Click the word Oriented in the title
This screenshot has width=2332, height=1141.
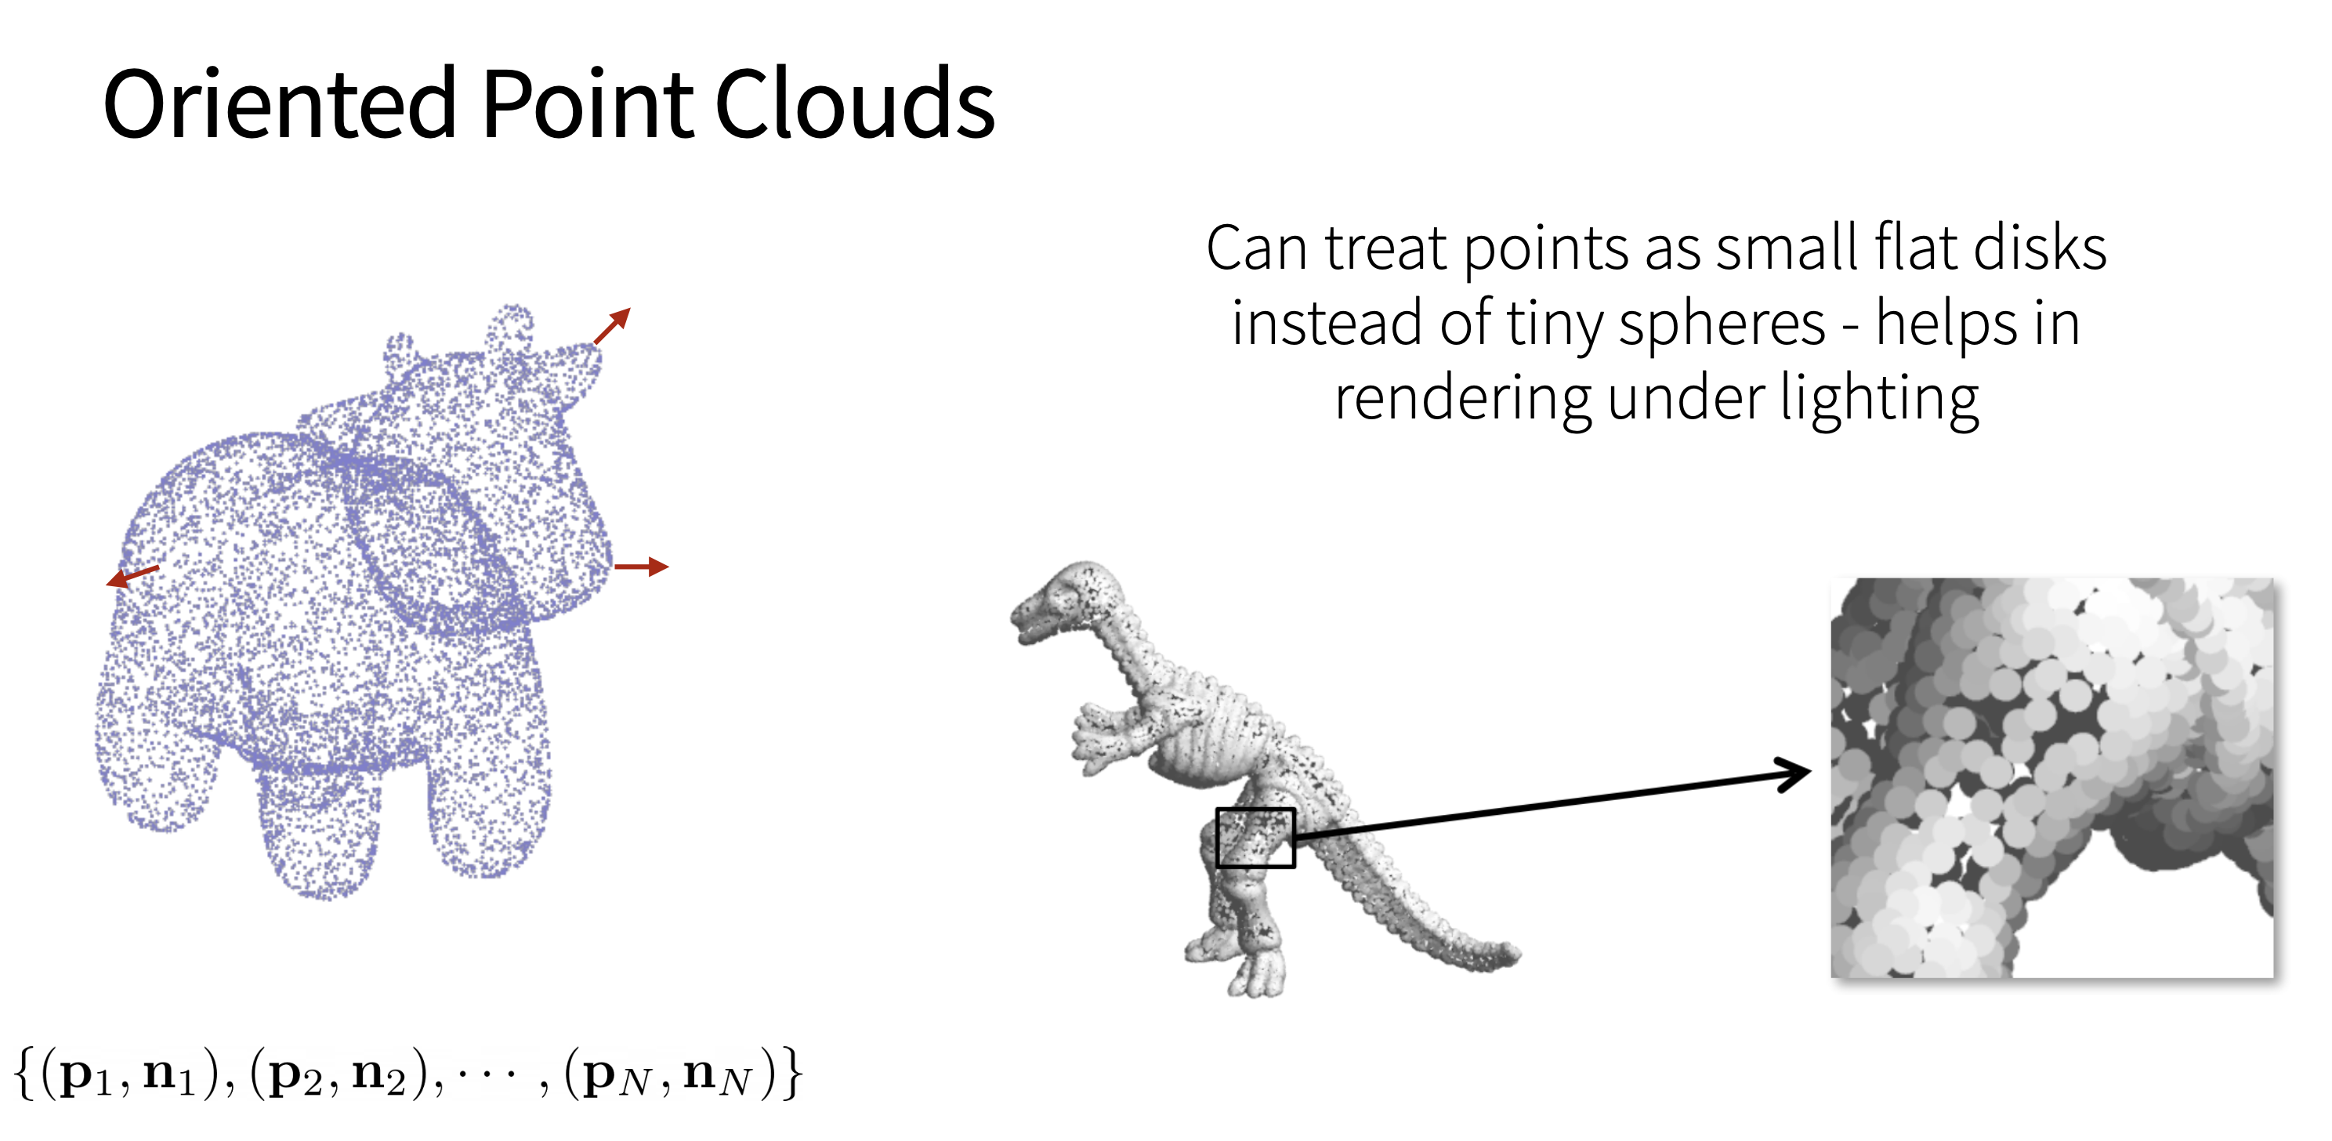click(x=280, y=104)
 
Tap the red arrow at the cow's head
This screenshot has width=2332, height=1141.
click(x=612, y=326)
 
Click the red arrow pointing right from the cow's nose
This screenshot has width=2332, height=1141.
click(x=642, y=567)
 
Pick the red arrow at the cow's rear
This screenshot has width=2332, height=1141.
click(x=133, y=576)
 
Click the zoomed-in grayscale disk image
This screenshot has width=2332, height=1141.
click(x=2051, y=778)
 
